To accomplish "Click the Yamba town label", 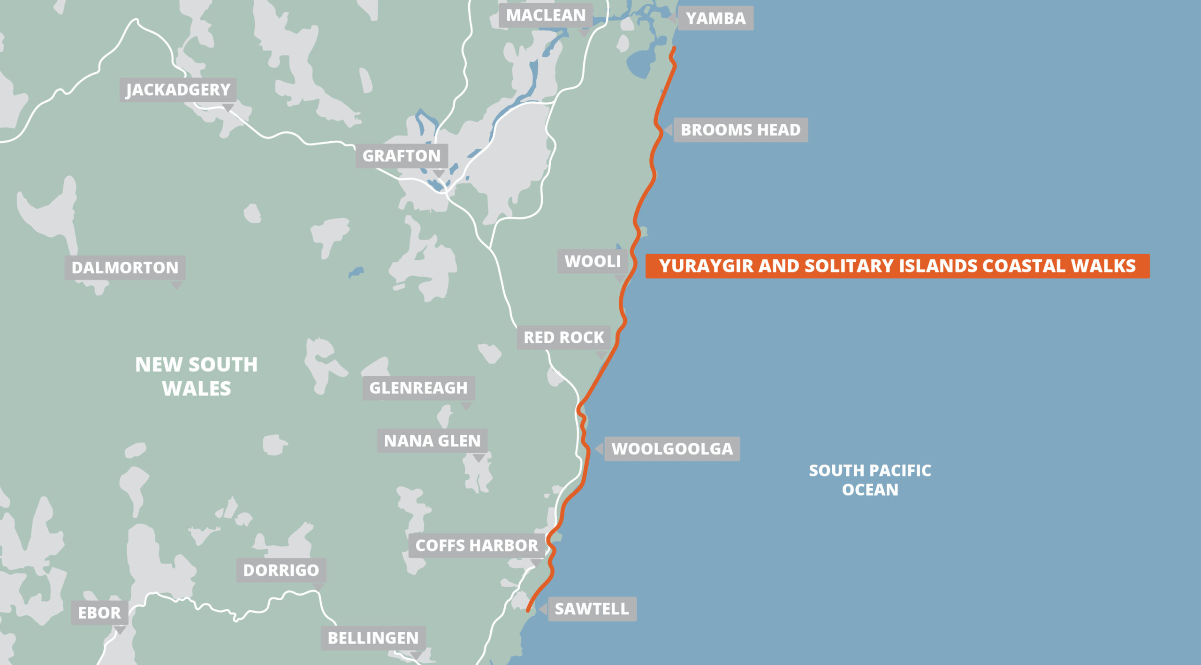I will (x=715, y=18).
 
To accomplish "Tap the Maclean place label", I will (x=546, y=15).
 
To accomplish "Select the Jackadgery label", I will (x=178, y=90).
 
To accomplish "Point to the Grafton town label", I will (x=402, y=156).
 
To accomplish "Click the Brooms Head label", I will (x=740, y=130).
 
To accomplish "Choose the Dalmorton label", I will (x=125, y=267).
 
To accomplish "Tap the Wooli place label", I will (x=593, y=261).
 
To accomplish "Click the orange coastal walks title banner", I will (x=897, y=266).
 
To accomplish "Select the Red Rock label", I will (x=564, y=337).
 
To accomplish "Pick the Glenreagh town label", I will (x=418, y=388).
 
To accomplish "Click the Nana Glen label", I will (x=432, y=441).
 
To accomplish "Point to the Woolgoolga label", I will (x=672, y=449).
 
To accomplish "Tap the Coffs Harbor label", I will (x=477, y=545).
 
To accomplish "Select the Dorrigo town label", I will (x=281, y=570).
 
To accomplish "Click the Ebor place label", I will (x=99, y=612).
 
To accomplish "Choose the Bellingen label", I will (x=373, y=638).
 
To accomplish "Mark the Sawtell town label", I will (x=592, y=609).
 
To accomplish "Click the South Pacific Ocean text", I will (x=870, y=480).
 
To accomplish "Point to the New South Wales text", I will (x=197, y=377).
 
